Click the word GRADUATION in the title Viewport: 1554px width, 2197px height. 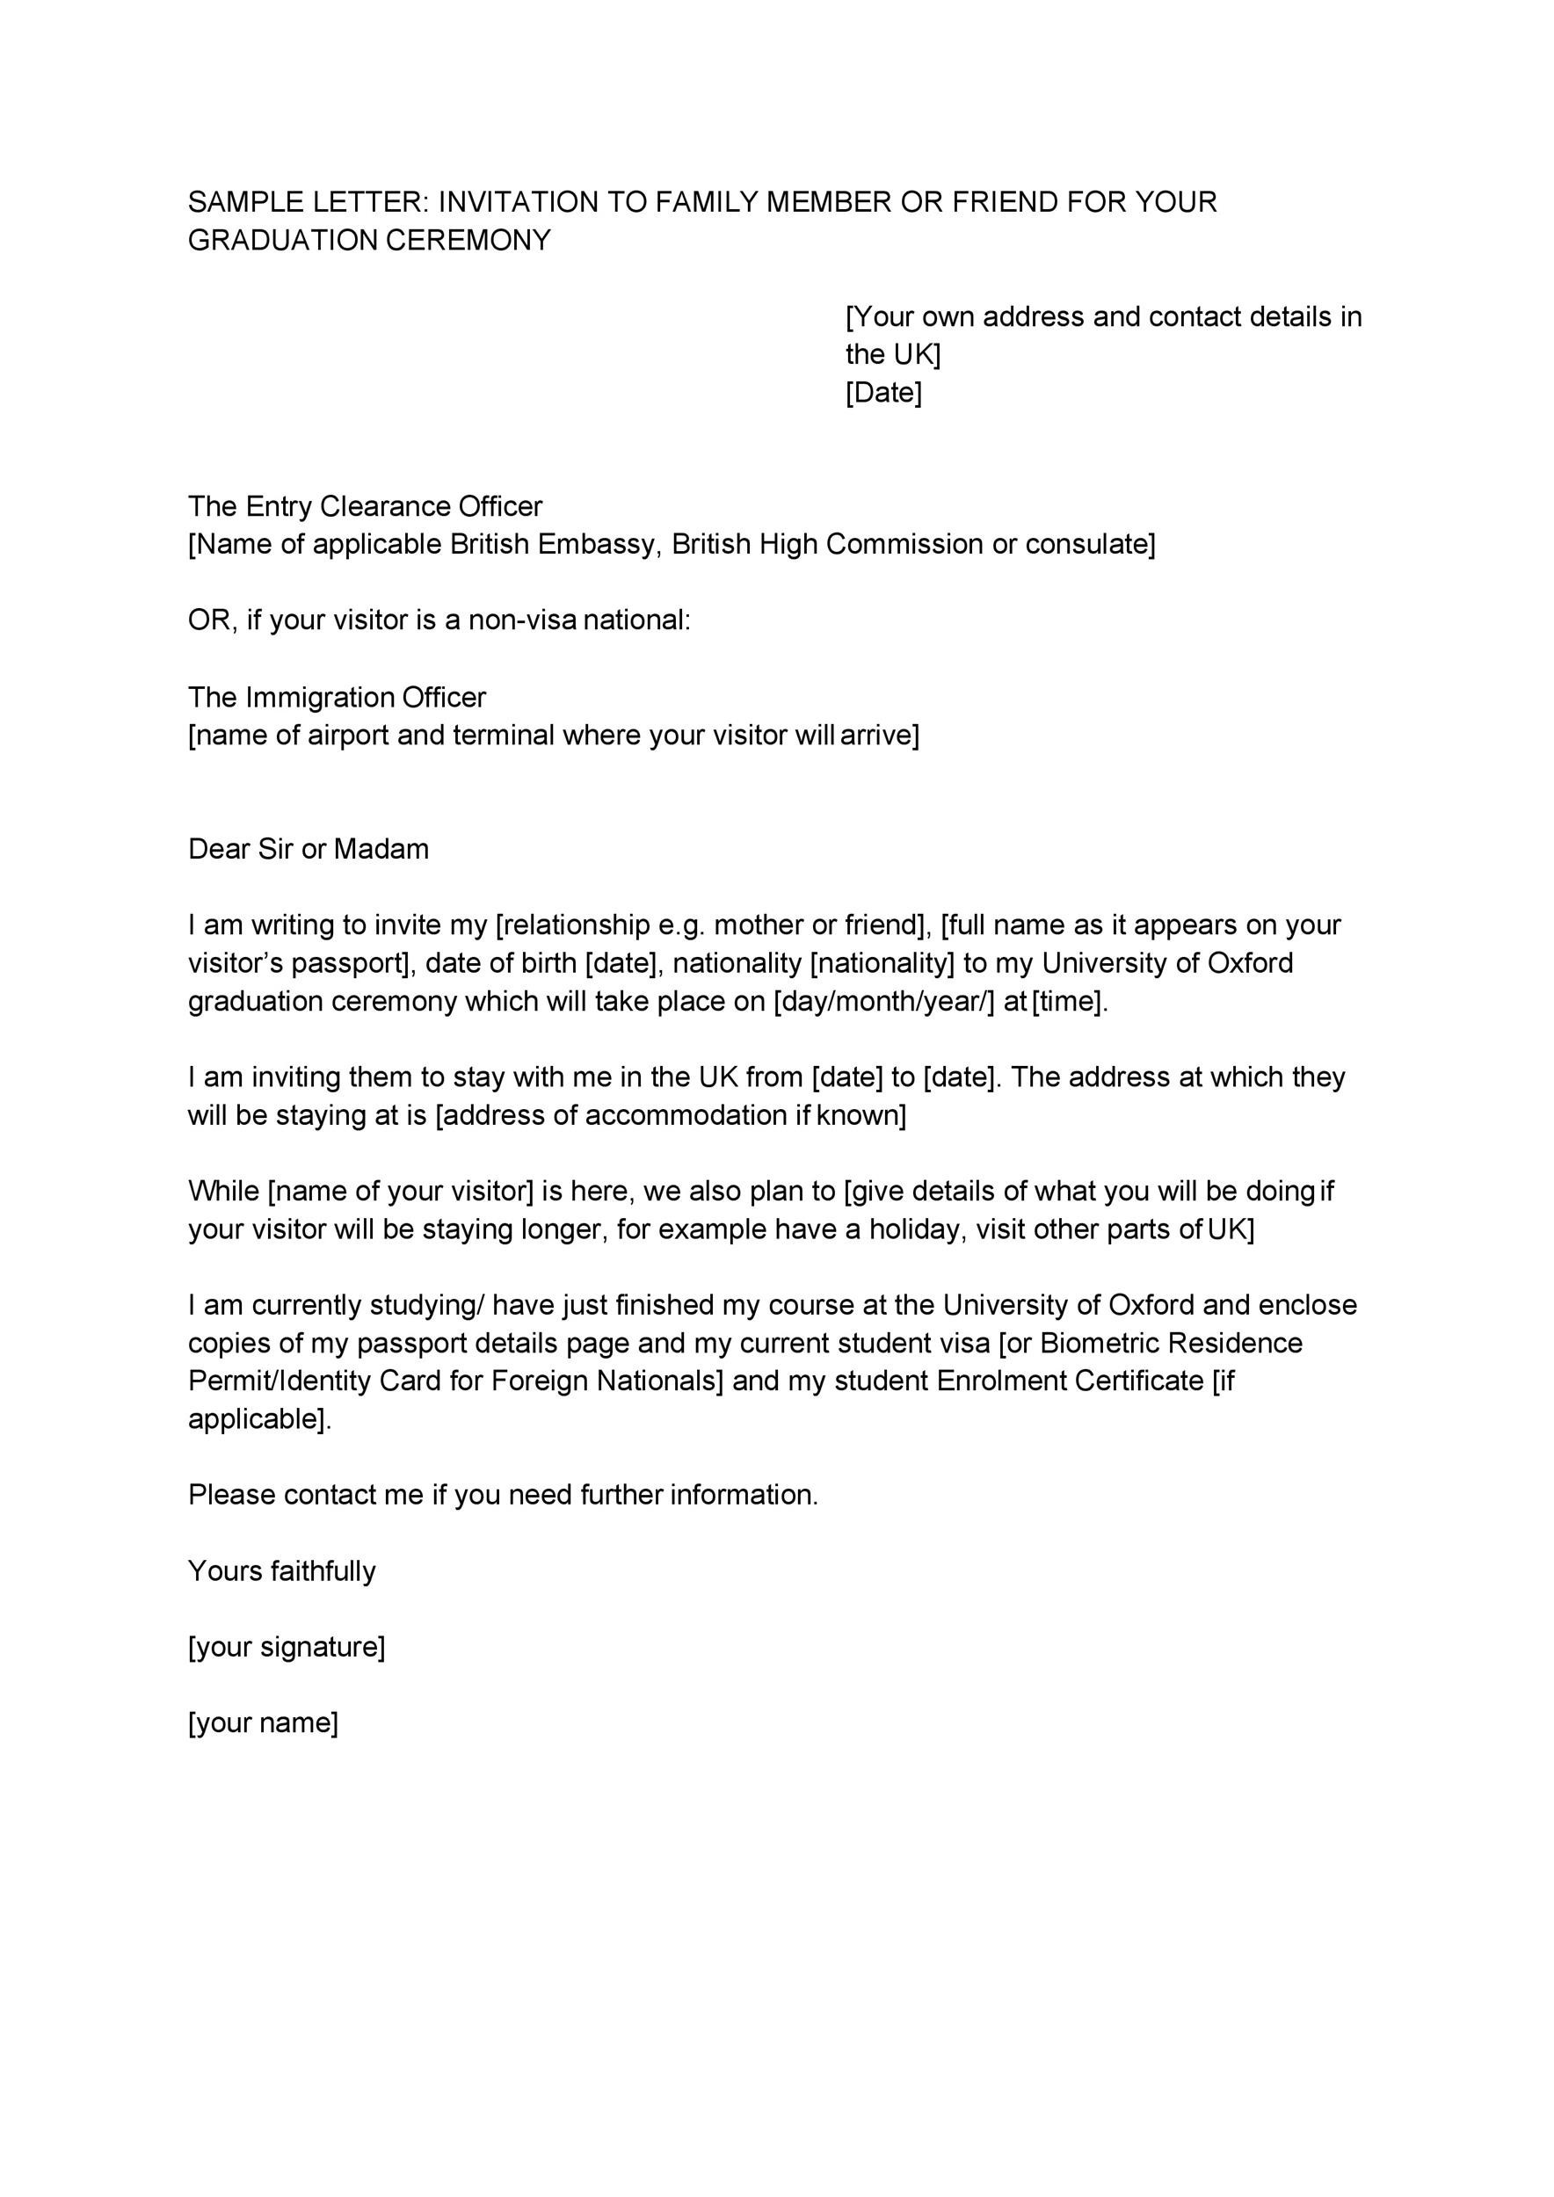pos(282,240)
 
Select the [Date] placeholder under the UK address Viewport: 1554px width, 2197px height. pos(883,392)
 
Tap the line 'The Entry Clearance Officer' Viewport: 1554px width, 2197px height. pos(365,506)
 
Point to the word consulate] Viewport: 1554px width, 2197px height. pos(1090,545)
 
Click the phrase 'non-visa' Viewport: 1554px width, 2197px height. pos(521,620)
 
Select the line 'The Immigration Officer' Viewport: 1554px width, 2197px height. pos(337,697)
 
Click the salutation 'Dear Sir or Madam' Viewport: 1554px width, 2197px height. pos(309,849)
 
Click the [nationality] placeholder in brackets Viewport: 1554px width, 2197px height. pos(882,962)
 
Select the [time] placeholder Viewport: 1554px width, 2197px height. pos(1070,1001)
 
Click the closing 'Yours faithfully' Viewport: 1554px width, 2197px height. pos(282,1571)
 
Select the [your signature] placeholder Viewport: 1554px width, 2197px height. pos(287,1647)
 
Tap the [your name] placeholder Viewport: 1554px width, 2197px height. pos(263,1722)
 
